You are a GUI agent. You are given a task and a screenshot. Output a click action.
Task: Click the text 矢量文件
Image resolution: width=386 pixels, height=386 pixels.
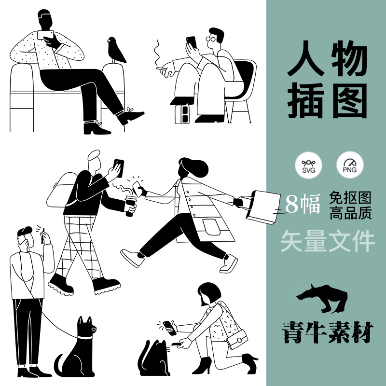328,242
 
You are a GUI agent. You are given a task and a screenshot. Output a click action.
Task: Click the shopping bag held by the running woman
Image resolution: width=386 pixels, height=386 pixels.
263,206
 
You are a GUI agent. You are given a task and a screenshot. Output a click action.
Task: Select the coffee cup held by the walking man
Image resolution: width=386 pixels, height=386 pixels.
130,206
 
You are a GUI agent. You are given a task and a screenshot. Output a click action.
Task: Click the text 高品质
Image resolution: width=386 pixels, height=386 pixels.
351,213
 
